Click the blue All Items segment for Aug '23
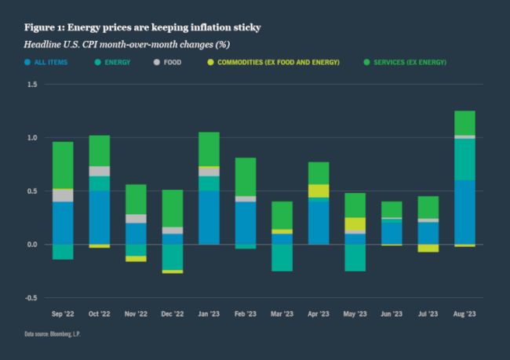(464, 212)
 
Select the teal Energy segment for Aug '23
(464, 159)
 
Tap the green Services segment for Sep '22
(63, 165)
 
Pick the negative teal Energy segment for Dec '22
(173, 256)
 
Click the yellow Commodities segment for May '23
(355, 224)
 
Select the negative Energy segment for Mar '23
(282, 257)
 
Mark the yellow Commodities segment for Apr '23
(319, 191)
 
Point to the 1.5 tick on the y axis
(33, 84)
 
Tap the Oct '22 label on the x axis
(99, 313)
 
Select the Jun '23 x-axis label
(392, 313)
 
